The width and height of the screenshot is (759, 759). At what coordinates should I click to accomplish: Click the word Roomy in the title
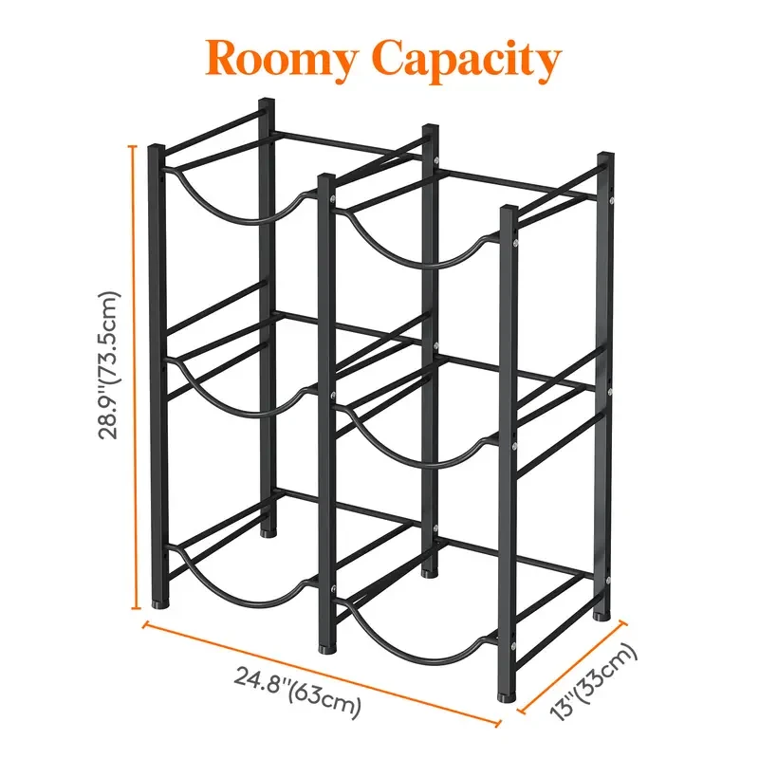coord(283,59)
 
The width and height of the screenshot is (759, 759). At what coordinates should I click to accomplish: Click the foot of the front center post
coord(326,648)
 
